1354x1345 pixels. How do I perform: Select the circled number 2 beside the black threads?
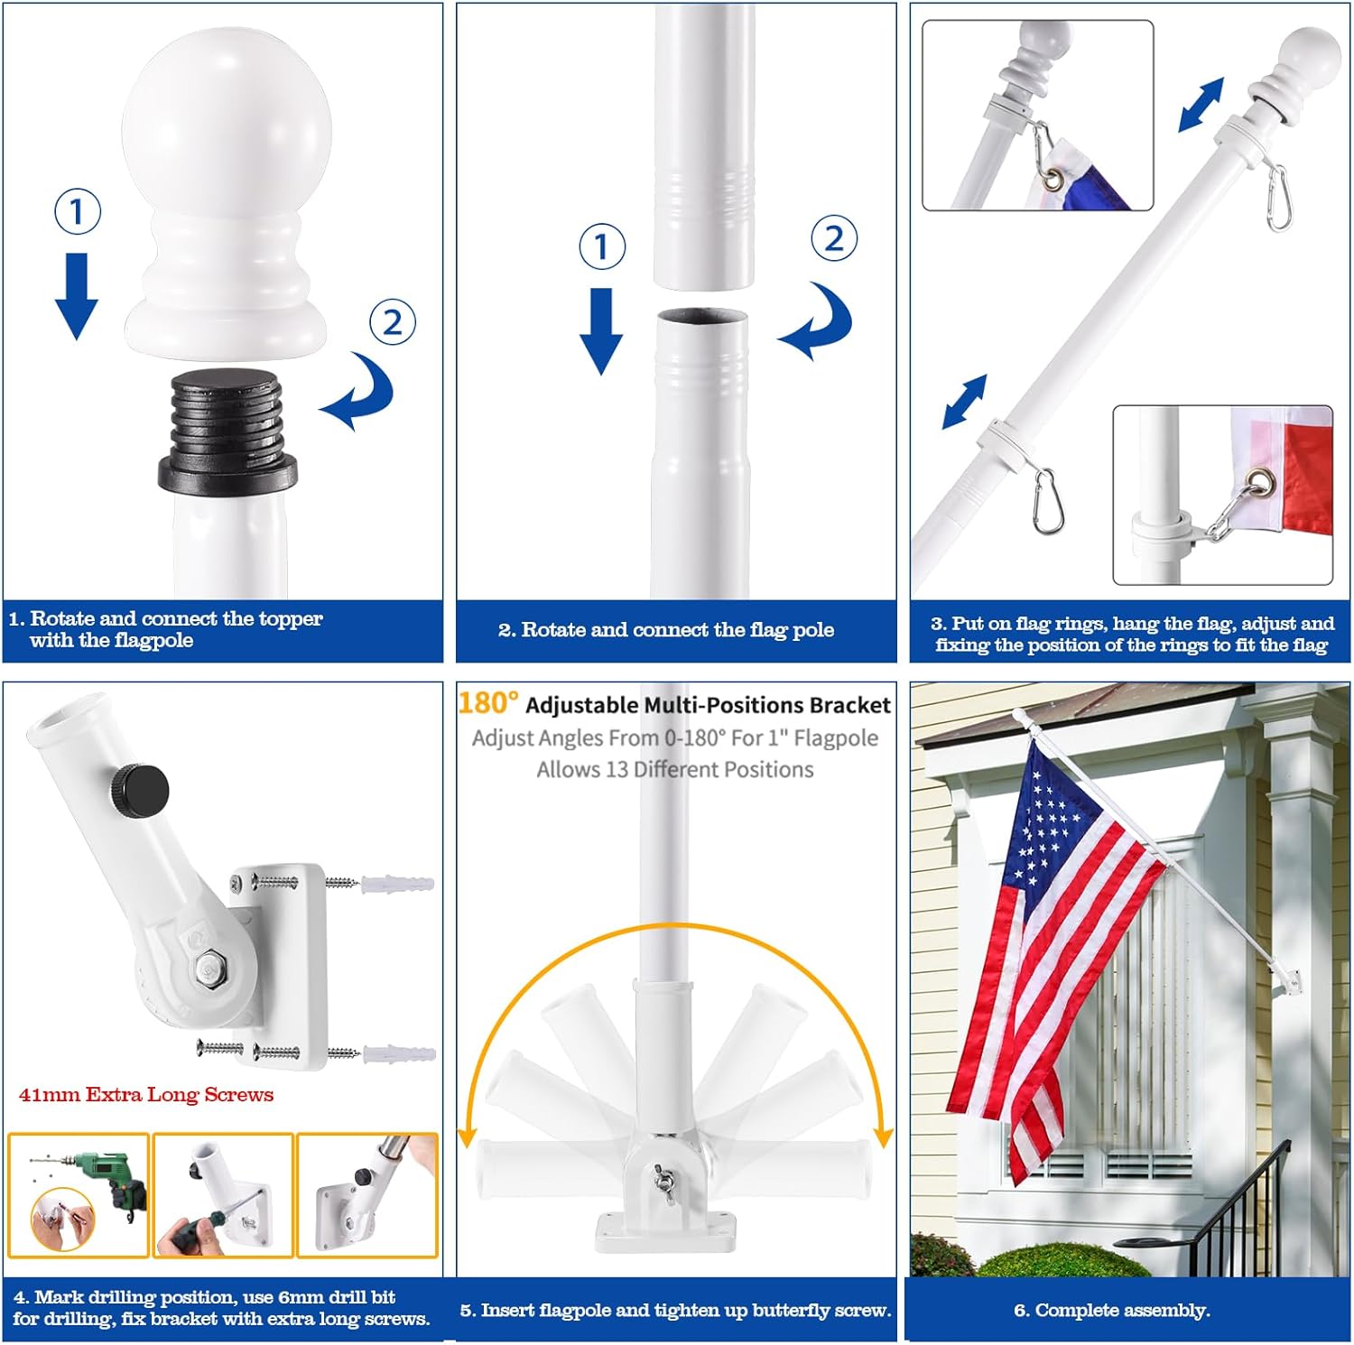393,321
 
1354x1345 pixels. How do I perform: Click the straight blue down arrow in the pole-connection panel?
601,329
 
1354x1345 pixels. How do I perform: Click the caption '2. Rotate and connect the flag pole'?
666,630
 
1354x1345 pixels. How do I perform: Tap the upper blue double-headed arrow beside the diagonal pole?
1201,104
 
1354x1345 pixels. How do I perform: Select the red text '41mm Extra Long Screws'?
146,1095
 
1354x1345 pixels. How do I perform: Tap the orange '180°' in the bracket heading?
488,702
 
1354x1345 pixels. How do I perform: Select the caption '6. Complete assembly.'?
1112,1310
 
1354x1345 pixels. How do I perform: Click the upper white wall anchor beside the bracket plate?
397,884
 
